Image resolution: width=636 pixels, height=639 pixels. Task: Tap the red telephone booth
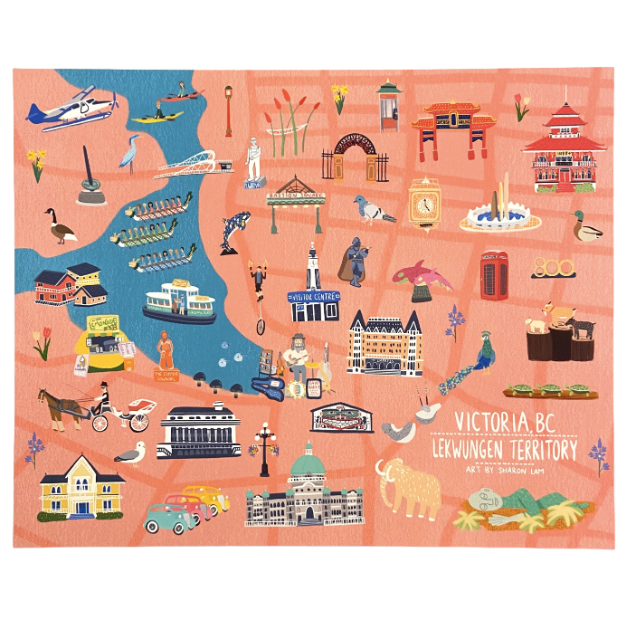tap(494, 274)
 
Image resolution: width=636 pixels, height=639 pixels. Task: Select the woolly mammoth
tap(408, 487)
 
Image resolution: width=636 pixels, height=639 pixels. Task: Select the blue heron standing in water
tap(131, 152)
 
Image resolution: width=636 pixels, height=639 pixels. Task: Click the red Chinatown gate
tap(453, 129)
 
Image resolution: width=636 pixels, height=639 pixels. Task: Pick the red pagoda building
tap(565, 146)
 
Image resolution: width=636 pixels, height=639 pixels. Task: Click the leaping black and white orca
tap(235, 231)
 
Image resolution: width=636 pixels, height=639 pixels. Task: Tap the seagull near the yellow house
tap(133, 454)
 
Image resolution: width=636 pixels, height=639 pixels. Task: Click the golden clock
tap(422, 205)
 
